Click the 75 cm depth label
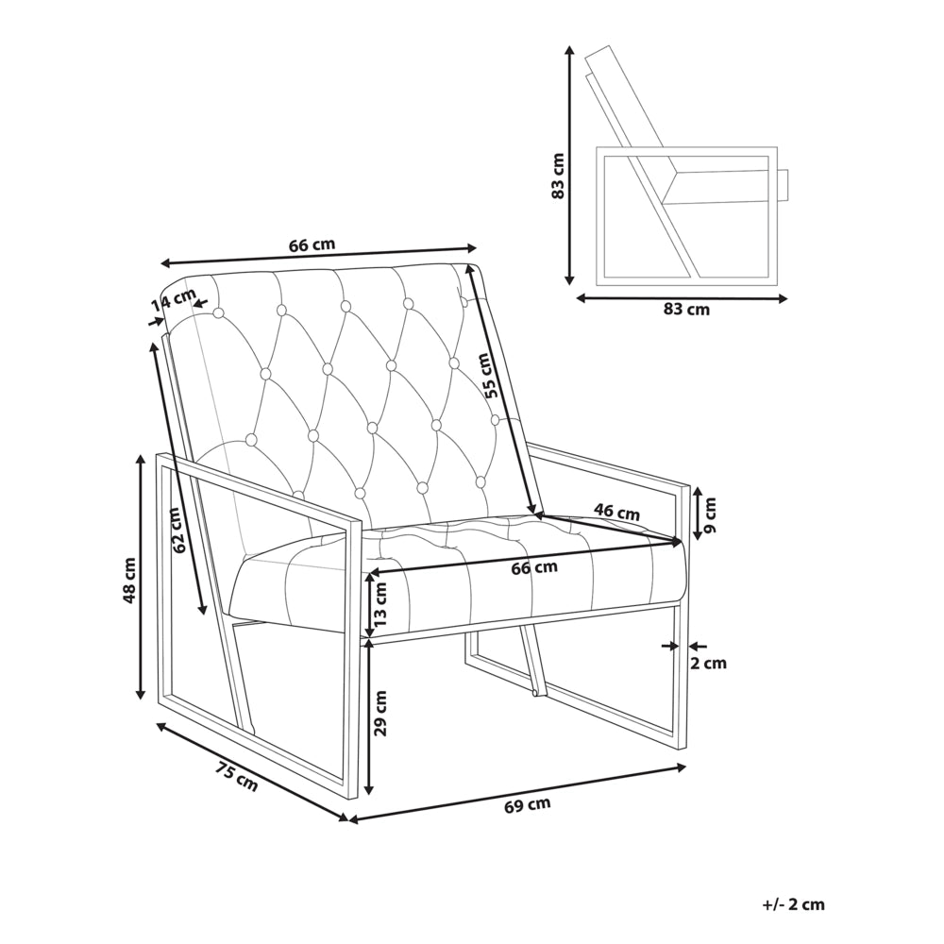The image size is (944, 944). tap(236, 777)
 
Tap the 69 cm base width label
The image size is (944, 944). tap(528, 805)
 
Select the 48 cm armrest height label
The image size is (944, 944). tap(128, 580)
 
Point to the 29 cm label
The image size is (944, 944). tap(380, 714)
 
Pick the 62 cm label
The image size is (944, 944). tap(176, 531)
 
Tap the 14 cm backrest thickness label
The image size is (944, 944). tap(174, 300)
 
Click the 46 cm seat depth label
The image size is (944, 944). tap(616, 513)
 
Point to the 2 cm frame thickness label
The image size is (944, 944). tap(707, 664)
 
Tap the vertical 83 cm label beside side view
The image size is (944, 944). tap(557, 176)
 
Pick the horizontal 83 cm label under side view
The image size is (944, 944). tap(686, 310)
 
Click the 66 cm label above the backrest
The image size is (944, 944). tap(312, 245)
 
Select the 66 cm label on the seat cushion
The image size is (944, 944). tap(534, 567)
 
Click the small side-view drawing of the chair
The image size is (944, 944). tap(685, 165)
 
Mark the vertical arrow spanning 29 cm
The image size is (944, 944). tap(370, 717)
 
